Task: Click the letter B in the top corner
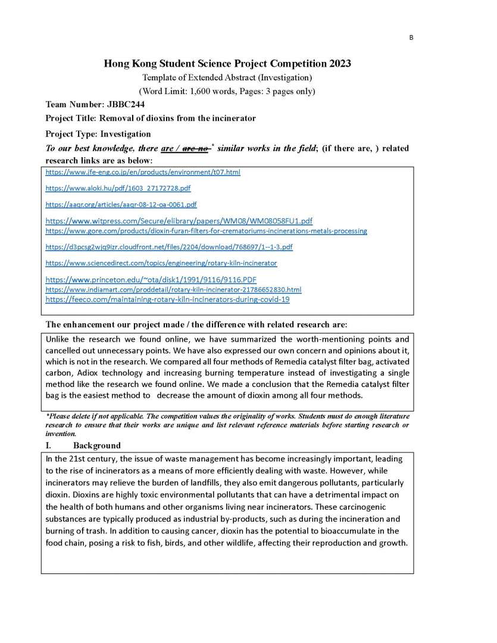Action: coord(411,38)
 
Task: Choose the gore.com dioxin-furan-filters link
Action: coord(206,230)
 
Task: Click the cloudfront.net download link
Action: coord(169,246)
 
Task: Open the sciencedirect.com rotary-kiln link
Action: coord(161,263)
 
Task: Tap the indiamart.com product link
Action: coord(173,289)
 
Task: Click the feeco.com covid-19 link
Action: coord(167,299)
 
